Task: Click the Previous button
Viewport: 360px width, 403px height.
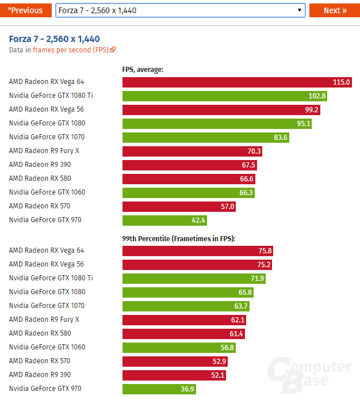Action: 25,10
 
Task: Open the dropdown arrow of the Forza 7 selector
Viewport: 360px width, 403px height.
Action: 300,10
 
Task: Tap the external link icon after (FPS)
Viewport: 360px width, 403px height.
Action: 113,50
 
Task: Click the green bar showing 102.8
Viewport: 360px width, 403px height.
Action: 224,96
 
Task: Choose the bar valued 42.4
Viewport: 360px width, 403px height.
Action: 164,220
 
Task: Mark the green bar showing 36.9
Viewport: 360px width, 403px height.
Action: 159,389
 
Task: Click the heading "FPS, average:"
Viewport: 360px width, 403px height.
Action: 143,70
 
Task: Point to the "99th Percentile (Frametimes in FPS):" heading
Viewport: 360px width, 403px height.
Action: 179,238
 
